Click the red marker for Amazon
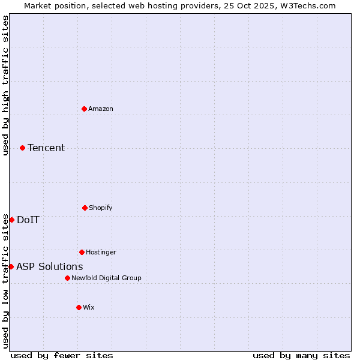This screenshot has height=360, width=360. coord(84,109)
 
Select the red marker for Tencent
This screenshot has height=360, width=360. coord(22,148)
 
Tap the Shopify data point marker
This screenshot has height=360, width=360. coord(85,208)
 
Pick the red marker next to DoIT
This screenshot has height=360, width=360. coord(11,220)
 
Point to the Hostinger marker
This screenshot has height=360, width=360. coord(82,252)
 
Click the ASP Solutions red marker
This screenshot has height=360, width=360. coord(11,266)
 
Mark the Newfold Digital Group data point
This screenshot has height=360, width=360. coord(67,278)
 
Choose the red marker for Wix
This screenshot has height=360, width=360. coord(79,307)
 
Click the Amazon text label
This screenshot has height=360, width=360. coord(101,109)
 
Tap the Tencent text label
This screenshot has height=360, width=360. coord(46,148)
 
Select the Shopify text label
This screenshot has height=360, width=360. coord(101,208)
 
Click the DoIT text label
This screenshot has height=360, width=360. coord(28,220)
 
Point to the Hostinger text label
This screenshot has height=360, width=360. coord(101,252)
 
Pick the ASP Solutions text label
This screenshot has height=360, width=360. coord(50,266)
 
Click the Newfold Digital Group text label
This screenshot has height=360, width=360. coord(106,278)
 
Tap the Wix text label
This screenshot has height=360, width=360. coord(89,307)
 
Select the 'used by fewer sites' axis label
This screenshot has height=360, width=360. coord(62,355)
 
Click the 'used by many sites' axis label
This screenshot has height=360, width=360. coord(301,355)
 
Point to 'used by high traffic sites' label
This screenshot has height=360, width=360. coord(5,85)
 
